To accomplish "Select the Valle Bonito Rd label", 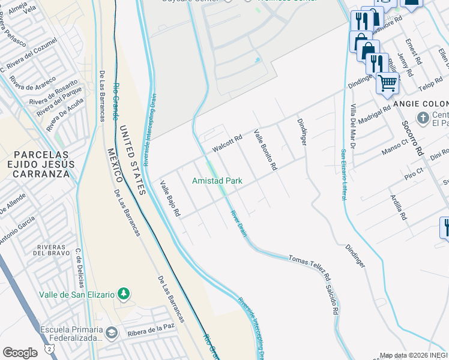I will [x=265, y=149].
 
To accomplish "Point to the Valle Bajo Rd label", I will [x=170, y=198].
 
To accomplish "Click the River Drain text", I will [x=238, y=223].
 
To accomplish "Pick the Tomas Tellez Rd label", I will [x=310, y=268].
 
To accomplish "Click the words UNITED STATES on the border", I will [x=132, y=160].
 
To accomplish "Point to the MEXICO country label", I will [x=115, y=165].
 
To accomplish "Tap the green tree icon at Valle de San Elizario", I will [x=124, y=294].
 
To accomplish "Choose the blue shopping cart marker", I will [x=388, y=83].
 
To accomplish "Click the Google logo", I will [x=20, y=352].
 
